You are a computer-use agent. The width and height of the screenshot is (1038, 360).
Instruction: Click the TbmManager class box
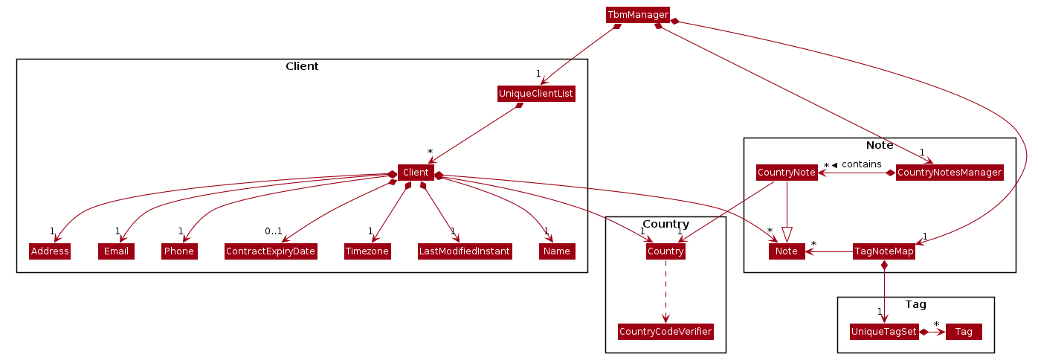[x=638, y=14]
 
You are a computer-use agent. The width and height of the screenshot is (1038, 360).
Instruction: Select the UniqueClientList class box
[x=536, y=94]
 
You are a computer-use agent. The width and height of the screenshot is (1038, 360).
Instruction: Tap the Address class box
[x=50, y=251]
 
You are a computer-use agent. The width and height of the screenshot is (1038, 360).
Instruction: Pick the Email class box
[x=116, y=251]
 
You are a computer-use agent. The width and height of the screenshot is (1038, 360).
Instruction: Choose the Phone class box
[x=179, y=251]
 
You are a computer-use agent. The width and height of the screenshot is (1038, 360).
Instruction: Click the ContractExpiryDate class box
[x=271, y=251]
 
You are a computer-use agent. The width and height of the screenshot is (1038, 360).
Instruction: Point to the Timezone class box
[x=367, y=251]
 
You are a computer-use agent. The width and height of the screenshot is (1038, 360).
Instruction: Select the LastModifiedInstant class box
[x=465, y=251]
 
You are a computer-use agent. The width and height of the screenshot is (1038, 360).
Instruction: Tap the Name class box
[x=557, y=251]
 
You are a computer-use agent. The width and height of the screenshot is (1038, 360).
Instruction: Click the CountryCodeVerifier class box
[x=665, y=332]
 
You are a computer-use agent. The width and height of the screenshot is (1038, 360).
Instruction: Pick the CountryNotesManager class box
[x=949, y=173]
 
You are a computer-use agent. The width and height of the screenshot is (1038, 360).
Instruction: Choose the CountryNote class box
[x=787, y=173]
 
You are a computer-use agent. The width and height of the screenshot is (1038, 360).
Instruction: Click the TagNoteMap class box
[x=883, y=251]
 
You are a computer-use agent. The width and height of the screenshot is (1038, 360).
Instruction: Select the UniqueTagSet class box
[x=883, y=331]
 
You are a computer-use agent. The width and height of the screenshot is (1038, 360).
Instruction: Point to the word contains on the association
[x=861, y=164]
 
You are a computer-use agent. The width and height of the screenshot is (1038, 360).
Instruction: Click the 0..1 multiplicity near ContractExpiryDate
[x=273, y=231]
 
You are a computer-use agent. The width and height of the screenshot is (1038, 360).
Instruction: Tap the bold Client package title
[x=302, y=66]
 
